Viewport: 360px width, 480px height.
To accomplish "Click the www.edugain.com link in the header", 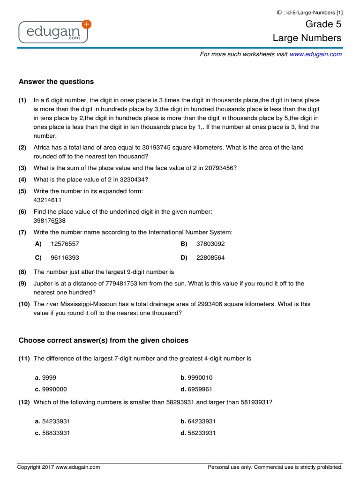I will click(315, 54).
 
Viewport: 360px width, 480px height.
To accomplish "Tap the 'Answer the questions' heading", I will click(56, 82).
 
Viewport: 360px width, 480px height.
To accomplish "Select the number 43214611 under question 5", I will click(47, 200).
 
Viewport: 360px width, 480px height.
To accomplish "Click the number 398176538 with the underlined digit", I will click(49, 220).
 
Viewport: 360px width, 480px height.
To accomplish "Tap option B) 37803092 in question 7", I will click(210, 244).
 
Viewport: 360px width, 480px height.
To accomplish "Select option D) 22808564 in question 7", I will click(210, 257).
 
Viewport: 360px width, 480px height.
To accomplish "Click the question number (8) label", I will click(23, 271).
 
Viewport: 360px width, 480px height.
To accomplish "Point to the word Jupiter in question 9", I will click(43, 283).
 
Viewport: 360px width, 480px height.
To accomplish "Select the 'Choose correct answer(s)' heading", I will click(103, 340).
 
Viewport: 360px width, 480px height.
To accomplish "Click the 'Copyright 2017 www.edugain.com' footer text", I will click(59, 467).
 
